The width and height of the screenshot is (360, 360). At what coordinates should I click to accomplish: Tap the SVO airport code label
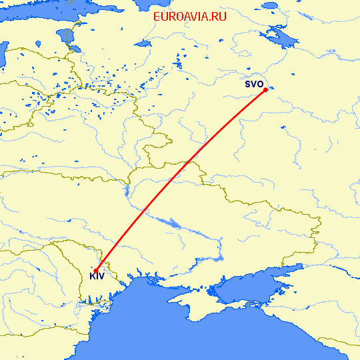coord(253,85)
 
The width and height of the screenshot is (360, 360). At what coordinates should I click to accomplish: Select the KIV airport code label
coord(97,276)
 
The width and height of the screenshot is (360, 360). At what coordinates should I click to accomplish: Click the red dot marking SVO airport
coord(265,89)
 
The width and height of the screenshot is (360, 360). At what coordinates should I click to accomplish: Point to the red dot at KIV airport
coord(97,269)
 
